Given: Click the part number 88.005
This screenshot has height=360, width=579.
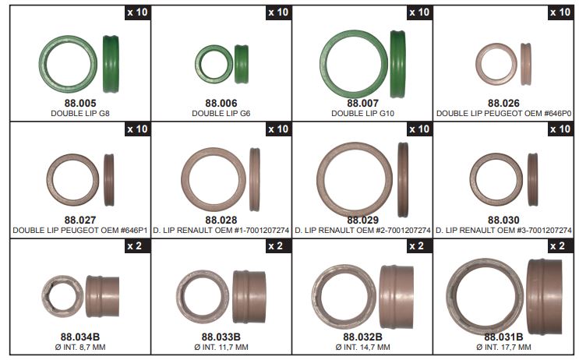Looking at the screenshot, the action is click(x=80, y=103).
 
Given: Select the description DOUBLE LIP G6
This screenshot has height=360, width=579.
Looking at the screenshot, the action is click(x=221, y=113).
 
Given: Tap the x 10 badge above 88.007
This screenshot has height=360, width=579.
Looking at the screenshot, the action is click(x=419, y=12).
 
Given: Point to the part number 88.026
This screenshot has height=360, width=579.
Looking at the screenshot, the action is click(x=503, y=103).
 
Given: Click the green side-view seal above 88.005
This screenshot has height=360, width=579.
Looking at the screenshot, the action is click(x=111, y=64).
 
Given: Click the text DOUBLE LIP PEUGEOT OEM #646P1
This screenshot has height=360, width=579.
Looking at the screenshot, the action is click(x=80, y=231).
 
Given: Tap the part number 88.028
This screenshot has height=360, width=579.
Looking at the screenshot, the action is click(x=221, y=220).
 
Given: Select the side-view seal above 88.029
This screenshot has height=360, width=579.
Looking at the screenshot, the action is click(x=403, y=180).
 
